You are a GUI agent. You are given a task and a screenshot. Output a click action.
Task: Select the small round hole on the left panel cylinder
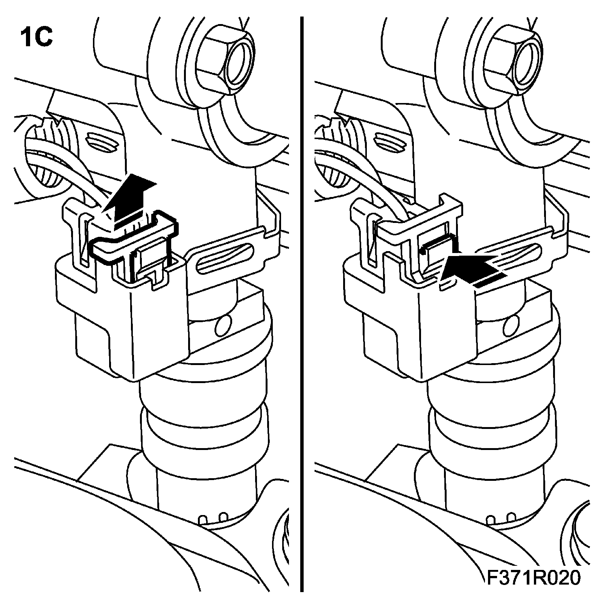coord(223,326)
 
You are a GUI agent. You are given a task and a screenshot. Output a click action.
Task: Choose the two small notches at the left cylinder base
coord(213,519)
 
